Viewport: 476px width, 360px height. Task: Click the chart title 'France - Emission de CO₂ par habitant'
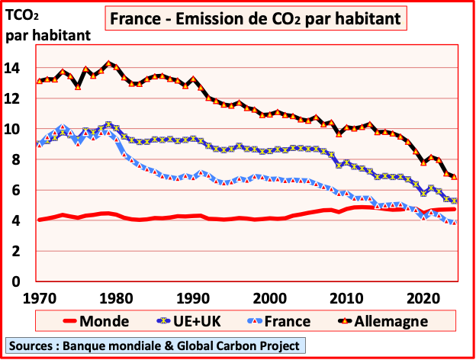pyautogui.click(x=255, y=17)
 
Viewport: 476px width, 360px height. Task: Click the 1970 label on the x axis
pyautogui.click(x=38, y=296)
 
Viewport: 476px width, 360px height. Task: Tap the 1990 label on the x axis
pyautogui.click(x=191, y=296)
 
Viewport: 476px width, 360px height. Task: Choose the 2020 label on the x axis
pyautogui.click(x=421, y=296)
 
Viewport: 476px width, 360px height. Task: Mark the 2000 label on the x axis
pyautogui.click(x=269, y=296)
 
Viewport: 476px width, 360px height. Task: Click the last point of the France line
pyautogui.click(x=456, y=222)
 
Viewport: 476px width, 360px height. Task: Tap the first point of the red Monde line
pyautogui.click(x=39, y=220)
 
